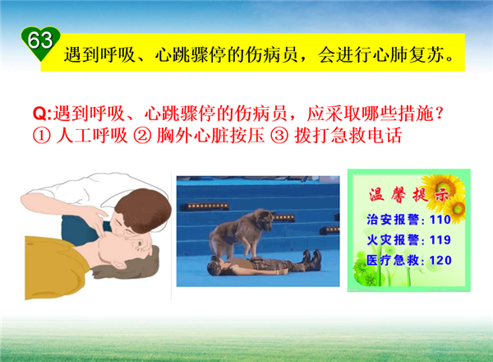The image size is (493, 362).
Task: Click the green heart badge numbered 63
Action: click(x=40, y=43)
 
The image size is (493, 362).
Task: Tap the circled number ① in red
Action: click(x=42, y=136)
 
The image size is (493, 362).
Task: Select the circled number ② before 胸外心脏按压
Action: click(x=142, y=136)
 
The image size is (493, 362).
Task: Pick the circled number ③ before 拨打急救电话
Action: click(x=279, y=136)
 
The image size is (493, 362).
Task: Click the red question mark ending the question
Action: click(x=440, y=114)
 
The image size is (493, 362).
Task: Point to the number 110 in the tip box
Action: click(x=440, y=220)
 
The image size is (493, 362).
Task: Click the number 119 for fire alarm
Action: click(x=440, y=240)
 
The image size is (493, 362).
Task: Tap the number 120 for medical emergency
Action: click(x=440, y=260)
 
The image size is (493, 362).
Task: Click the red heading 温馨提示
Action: click(x=408, y=195)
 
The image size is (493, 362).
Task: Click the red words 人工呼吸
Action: click(x=92, y=136)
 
